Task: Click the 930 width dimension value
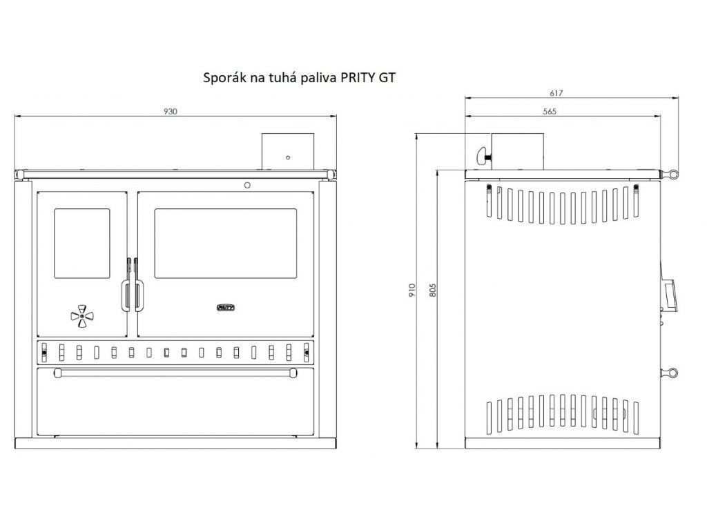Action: click(170, 111)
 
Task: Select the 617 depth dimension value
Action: click(556, 93)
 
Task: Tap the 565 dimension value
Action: click(550, 111)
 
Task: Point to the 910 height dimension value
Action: click(411, 290)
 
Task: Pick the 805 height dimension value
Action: click(433, 290)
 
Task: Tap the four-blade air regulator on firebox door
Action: click(81, 316)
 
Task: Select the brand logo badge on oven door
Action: click(226, 308)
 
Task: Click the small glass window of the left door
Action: click(82, 244)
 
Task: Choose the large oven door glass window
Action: click(226, 244)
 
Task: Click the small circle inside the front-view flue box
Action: click(288, 158)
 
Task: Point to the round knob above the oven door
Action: click(247, 185)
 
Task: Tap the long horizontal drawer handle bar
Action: click(175, 373)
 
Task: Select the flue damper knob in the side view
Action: click(483, 156)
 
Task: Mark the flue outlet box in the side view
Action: click(517, 151)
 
